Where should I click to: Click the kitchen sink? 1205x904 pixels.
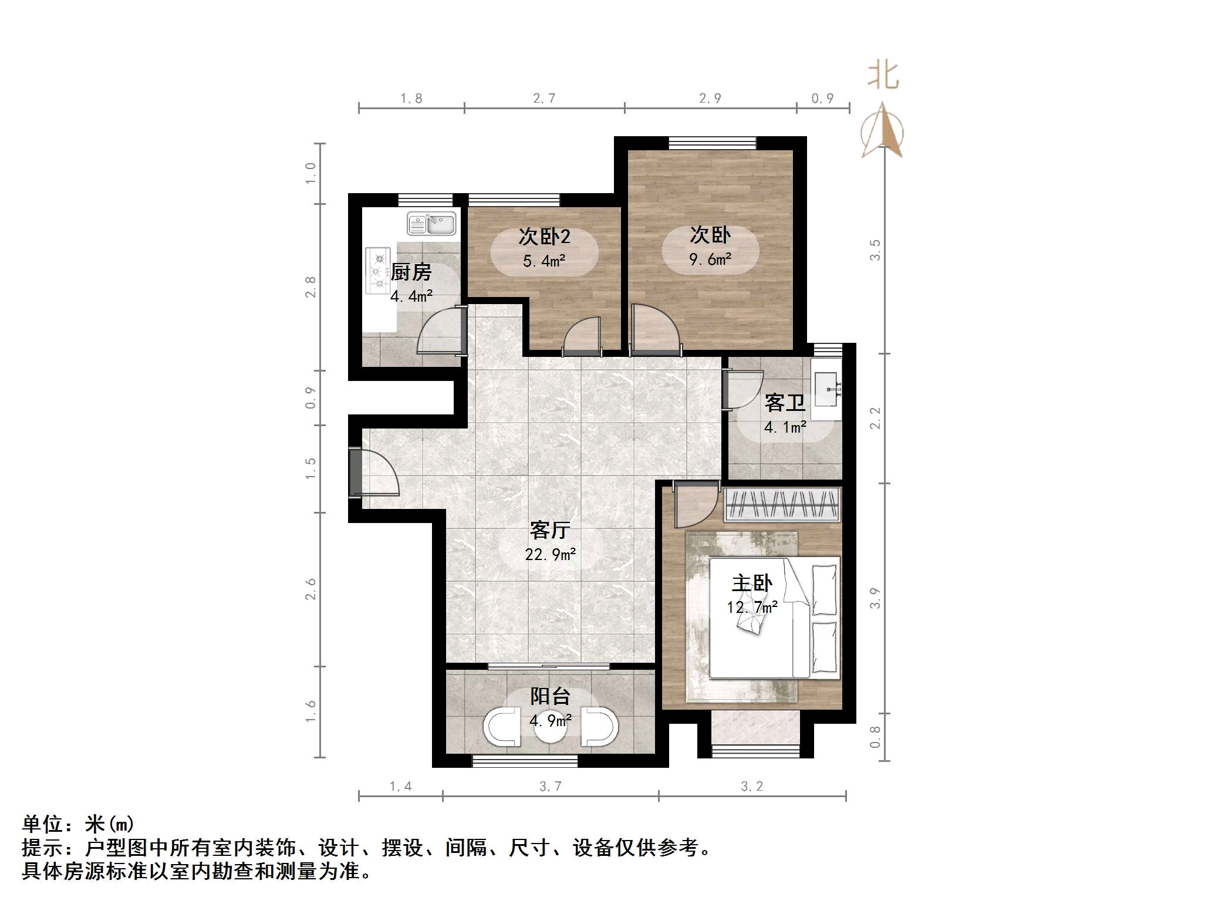coord(431,224)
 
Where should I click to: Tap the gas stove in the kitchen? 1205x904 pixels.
coord(377,271)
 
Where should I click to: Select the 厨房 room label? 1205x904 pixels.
coord(411,272)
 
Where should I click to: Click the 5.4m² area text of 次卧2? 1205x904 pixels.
coord(544,261)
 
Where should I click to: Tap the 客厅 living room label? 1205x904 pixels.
coord(550,530)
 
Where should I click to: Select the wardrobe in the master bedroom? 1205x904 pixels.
coord(781,504)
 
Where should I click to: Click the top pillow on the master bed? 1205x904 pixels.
coord(824,589)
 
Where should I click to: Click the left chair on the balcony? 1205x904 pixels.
coord(502,727)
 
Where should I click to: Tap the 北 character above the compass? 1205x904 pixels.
coord(883,76)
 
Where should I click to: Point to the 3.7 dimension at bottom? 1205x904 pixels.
coord(551,786)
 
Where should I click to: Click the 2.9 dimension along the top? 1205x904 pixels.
coord(710,99)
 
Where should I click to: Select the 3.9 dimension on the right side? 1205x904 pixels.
coord(875,598)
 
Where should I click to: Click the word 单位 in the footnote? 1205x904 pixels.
coord(42,824)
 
